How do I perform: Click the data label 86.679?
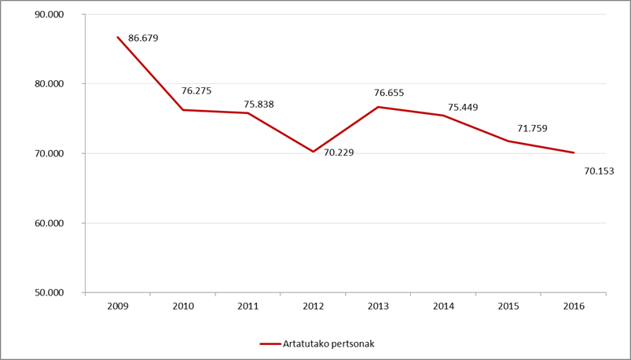click(x=143, y=39)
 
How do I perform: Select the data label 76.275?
click(x=196, y=91)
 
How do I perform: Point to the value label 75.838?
click(x=259, y=105)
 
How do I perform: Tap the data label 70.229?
click(x=339, y=153)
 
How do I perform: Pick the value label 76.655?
click(x=389, y=93)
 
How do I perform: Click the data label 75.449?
click(x=463, y=108)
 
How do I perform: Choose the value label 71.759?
click(x=533, y=129)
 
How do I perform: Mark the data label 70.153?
click(x=600, y=171)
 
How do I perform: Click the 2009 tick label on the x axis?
click(x=118, y=307)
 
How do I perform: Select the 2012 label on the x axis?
click(x=313, y=307)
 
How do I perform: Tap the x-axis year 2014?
click(x=443, y=307)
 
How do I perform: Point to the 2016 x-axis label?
click(x=574, y=307)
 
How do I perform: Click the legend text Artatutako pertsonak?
click(x=328, y=344)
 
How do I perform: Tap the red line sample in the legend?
click(x=270, y=344)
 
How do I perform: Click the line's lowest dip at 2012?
click(x=313, y=152)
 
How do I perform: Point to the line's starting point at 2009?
click(x=118, y=37)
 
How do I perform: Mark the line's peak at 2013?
click(x=378, y=107)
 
